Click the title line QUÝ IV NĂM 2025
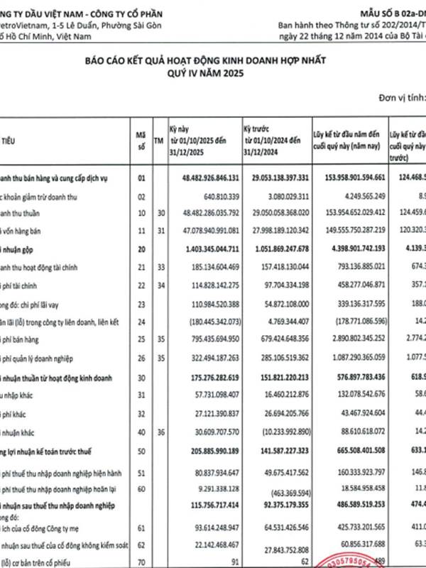212,73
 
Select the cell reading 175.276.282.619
210,378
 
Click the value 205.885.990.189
210,451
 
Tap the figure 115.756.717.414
210,506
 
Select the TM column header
158,141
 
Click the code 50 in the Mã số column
141,451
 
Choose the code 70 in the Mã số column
141,562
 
